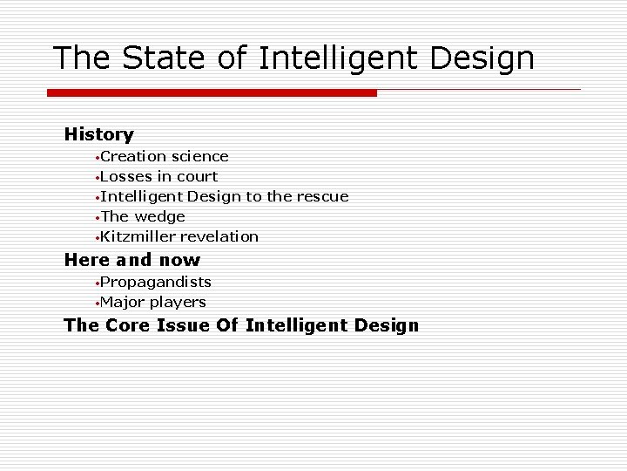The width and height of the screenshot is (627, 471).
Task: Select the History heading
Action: pos(98,134)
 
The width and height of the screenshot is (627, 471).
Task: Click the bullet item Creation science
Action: pos(164,157)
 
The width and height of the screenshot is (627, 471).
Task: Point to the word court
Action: pos(197,176)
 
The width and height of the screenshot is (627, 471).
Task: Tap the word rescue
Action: pos(321,196)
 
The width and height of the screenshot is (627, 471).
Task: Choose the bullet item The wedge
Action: pos(143,216)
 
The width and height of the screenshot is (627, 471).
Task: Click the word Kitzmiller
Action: pos(138,236)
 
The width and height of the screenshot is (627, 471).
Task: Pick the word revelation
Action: pos(219,236)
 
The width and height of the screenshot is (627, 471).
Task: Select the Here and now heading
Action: pos(132,260)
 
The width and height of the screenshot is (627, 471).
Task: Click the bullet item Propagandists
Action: pos(155,282)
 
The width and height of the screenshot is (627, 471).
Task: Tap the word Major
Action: pos(123,302)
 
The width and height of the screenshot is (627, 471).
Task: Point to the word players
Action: pos(178,303)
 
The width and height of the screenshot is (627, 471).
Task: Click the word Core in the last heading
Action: pos(131,325)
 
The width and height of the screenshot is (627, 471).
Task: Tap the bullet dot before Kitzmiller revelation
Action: pos(97,237)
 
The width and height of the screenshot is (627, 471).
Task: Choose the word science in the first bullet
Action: pos(200,157)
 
